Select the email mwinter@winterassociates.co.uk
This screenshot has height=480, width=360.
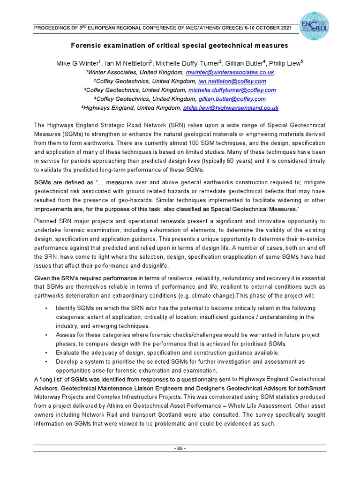pos(230,73)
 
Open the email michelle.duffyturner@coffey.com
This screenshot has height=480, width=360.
pos(232,90)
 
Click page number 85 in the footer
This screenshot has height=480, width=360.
pos(180,449)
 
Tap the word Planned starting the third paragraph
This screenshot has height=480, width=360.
pos(46,221)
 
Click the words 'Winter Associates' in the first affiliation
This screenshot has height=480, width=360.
pos(111,73)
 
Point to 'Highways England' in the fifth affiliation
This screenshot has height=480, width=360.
pos(106,108)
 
